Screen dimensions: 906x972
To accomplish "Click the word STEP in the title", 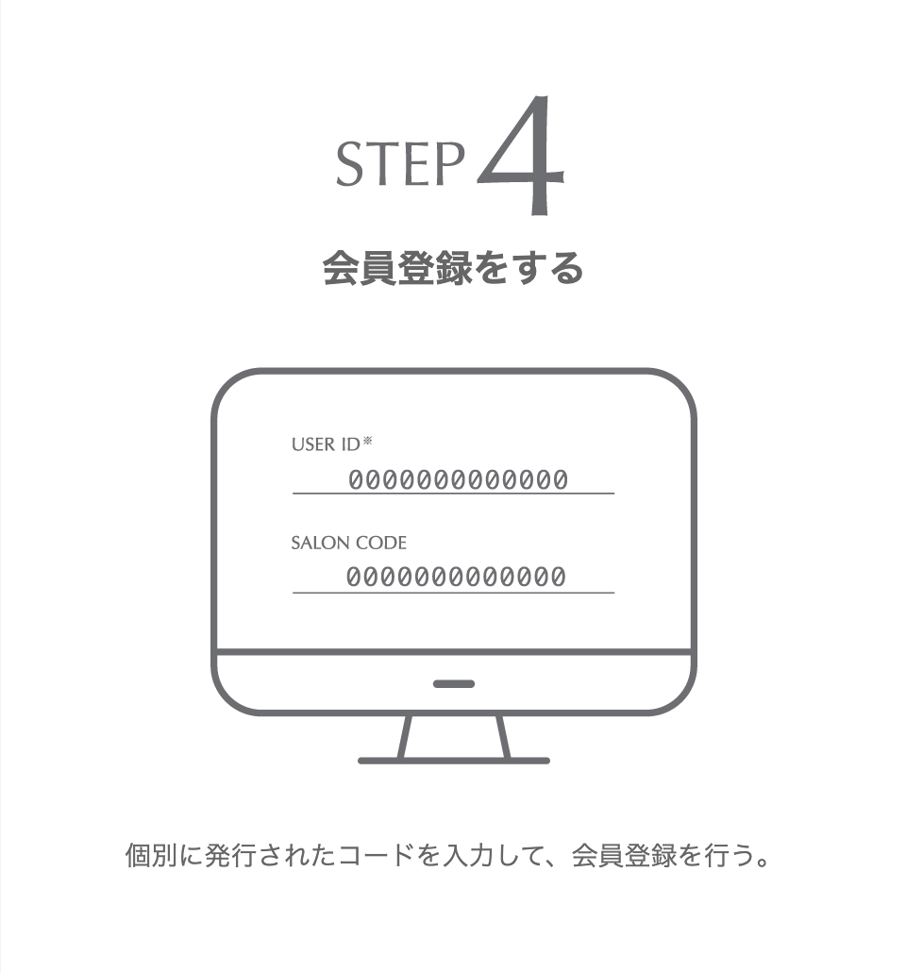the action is (x=400, y=163).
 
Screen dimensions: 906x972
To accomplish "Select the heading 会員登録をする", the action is (x=453, y=268).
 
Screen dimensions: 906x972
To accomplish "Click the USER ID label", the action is (x=326, y=444).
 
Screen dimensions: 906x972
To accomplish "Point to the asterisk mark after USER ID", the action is (x=368, y=441).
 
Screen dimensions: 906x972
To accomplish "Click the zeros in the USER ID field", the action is (x=459, y=479).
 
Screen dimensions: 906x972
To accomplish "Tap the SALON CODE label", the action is (x=348, y=543).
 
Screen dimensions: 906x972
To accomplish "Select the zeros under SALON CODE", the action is (x=456, y=578).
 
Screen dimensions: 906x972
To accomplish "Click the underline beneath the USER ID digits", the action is (x=453, y=494).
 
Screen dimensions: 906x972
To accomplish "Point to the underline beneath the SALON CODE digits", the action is (x=453, y=593).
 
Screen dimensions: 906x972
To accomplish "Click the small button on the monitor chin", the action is (x=454, y=684).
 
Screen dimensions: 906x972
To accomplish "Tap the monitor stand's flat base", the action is (x=454, y=761).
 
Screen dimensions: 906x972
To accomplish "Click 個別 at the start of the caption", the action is (x=151, y=856).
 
